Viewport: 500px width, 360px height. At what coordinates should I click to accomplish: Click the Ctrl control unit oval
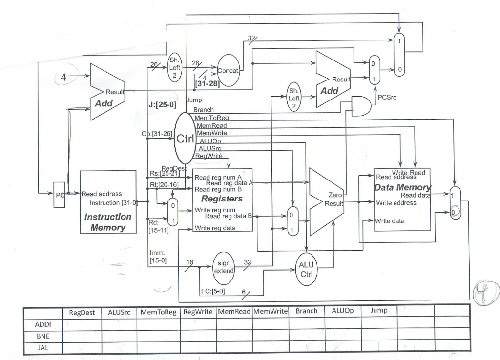pos(185,139)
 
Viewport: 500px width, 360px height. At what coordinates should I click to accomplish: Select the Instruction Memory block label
pos(107,222)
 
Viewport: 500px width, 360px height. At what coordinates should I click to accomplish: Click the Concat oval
pos(228,71)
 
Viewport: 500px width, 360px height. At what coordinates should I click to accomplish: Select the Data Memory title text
pos(403,187)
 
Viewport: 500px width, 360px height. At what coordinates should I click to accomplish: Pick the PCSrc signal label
pos(386,97)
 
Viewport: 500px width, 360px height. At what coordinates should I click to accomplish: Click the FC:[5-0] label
pos(213,292)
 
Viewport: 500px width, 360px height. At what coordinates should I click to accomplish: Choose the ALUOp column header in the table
pos(342,311)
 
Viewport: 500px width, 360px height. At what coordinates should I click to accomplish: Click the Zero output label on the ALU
pos(334,195)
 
